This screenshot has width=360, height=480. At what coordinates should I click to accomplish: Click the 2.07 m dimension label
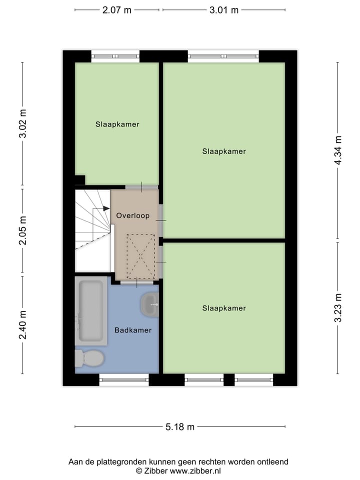[117, 10]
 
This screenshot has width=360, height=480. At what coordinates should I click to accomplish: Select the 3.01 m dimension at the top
[224, 10]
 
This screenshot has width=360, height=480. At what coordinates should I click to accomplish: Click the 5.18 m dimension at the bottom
[180, 427]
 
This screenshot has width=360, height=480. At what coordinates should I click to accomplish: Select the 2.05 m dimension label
[22, 230]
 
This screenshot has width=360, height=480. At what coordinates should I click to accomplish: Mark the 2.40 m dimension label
[22, 324]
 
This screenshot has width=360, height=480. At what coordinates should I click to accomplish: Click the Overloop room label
[132, 215]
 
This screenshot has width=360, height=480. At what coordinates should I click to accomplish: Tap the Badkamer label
[132, 330]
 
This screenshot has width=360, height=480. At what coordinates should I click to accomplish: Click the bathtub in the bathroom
[91, 311]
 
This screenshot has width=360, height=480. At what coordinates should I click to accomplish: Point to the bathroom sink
[149, 304]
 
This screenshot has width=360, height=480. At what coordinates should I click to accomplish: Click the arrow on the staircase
[105, 208]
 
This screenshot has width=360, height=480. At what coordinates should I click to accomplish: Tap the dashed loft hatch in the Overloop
[140, 256]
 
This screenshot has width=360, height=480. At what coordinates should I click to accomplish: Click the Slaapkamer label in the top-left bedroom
[117, 124]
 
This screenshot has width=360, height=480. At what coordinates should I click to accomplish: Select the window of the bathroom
[124, 380]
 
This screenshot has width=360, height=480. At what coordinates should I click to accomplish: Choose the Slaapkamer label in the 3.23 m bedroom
[224, 308]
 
